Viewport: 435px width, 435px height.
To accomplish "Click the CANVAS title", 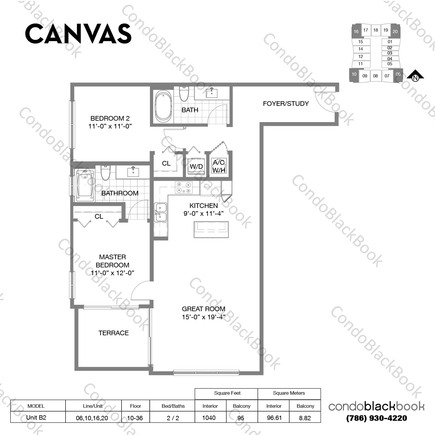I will [78, 34].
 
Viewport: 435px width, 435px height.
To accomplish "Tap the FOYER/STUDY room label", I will [286, 104].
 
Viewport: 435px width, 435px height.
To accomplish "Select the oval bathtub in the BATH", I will [163, 106].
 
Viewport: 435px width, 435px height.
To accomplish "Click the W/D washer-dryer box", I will [196, 166].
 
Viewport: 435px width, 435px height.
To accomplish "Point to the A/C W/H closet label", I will [219, 166].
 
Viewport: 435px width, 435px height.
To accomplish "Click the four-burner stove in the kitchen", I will [184, 187].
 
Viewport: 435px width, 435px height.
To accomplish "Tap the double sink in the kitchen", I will [160, 212].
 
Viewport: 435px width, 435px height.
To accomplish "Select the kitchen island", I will [211, 230].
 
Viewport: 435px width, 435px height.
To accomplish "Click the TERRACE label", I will [113, 333].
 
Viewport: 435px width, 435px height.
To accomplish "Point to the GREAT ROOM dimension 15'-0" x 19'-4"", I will [204, 317].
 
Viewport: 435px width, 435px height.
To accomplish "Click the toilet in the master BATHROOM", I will [105, 173].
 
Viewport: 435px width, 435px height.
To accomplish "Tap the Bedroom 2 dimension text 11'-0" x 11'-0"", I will [110, 126].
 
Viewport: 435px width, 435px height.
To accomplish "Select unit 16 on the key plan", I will [356, 31].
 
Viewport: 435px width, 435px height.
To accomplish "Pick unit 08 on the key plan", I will [375, 76].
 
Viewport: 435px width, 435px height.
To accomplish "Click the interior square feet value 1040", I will [209, 418].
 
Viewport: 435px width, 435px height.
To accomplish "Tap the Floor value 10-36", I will [135, 418].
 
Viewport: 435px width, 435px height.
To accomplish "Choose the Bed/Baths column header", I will [173, 406].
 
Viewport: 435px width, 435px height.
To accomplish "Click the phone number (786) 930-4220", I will [376, 418].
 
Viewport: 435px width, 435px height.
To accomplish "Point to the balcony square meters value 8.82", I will [305, 418].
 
